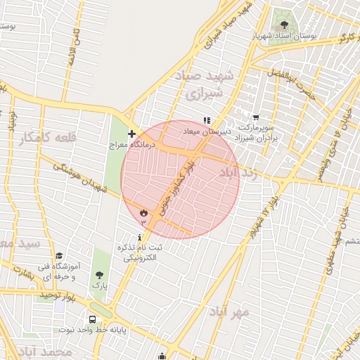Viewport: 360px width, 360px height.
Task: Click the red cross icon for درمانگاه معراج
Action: pos(131,134)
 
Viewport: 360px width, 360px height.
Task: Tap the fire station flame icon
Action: pos(143,212)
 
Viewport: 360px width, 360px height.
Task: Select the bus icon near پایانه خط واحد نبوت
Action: pos(92,319)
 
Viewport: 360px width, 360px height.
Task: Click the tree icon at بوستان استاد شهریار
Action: pos(284,15)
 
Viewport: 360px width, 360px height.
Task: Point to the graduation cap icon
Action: pos(60,257)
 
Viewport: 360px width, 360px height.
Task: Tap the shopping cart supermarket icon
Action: pos(256,117)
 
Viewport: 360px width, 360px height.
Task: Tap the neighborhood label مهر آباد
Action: pos(229,312)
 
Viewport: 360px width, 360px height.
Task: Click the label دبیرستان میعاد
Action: pos(206,131)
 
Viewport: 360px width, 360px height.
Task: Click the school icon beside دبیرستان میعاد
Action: pos(207,120)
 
